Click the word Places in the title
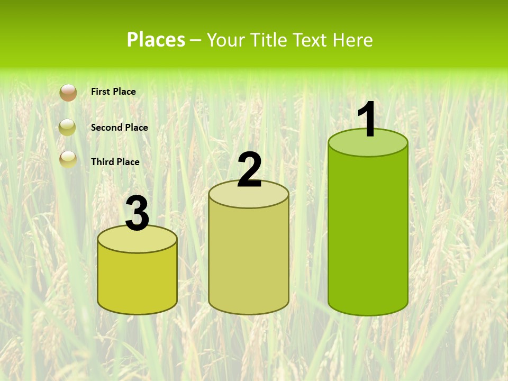156,40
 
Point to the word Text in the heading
310,40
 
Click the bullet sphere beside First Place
68,93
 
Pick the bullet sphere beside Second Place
68,128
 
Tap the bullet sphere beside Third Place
68,159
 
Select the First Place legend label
113,92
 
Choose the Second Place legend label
119,128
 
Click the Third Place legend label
115,162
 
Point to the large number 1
368,120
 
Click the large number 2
249,170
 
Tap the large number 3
137,214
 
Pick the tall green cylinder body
368,233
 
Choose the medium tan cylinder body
249,259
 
